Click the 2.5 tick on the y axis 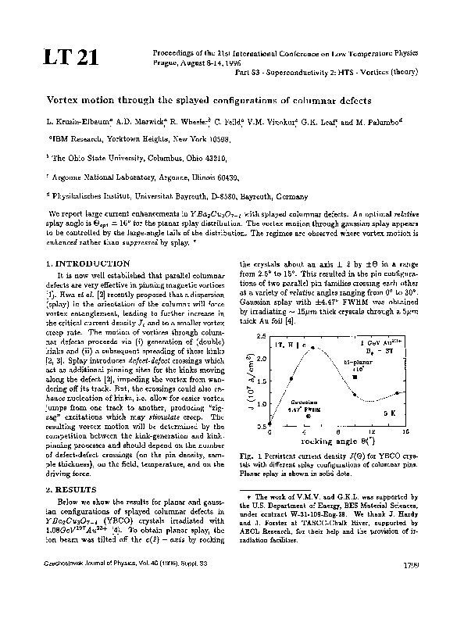pyautogui.click(x=261, y=334)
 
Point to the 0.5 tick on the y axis pyautogui.click(x=261, y=427)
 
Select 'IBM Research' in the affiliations pyautogui.click(x=79, y=138)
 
